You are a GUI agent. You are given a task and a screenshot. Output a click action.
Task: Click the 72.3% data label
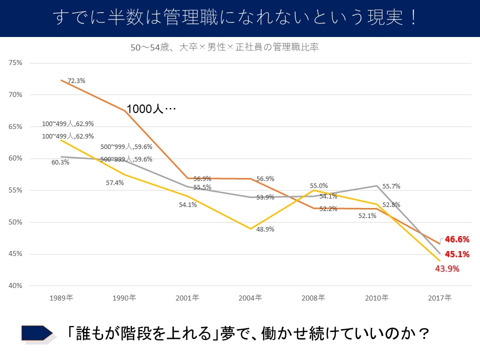[x=76, y=80]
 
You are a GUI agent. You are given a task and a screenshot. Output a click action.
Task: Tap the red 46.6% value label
[x=457, y=239]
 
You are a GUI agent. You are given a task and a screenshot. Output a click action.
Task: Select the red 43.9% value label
[x=447, y=268]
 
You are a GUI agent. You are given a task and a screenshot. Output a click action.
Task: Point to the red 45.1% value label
[x=457, y=254]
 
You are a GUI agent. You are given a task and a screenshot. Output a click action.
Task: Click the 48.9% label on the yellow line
[x=265, y=229]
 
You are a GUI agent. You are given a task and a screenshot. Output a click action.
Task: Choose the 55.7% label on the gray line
[x=391, y=186]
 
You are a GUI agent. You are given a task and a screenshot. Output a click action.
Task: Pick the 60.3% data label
[x=60, y=162]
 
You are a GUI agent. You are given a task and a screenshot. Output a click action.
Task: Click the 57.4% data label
[x=114, y=183]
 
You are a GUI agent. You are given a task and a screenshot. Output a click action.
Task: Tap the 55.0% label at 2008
[x=319, y=185]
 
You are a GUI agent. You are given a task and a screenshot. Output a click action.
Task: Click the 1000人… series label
[x=151, y=109]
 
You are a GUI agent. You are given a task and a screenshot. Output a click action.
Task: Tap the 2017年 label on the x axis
[x=439, y=297]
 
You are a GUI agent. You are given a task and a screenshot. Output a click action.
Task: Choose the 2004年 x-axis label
[x=250, y=297]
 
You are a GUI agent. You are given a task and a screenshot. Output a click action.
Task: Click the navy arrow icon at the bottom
[x=37, y=333]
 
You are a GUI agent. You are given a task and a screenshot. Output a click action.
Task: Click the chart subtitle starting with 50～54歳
[x=224, y=48]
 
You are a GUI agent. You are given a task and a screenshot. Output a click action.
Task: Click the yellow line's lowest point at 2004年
[x=250, y=228]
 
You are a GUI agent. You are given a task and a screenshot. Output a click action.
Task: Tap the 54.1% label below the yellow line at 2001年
[x=188, y=204]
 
